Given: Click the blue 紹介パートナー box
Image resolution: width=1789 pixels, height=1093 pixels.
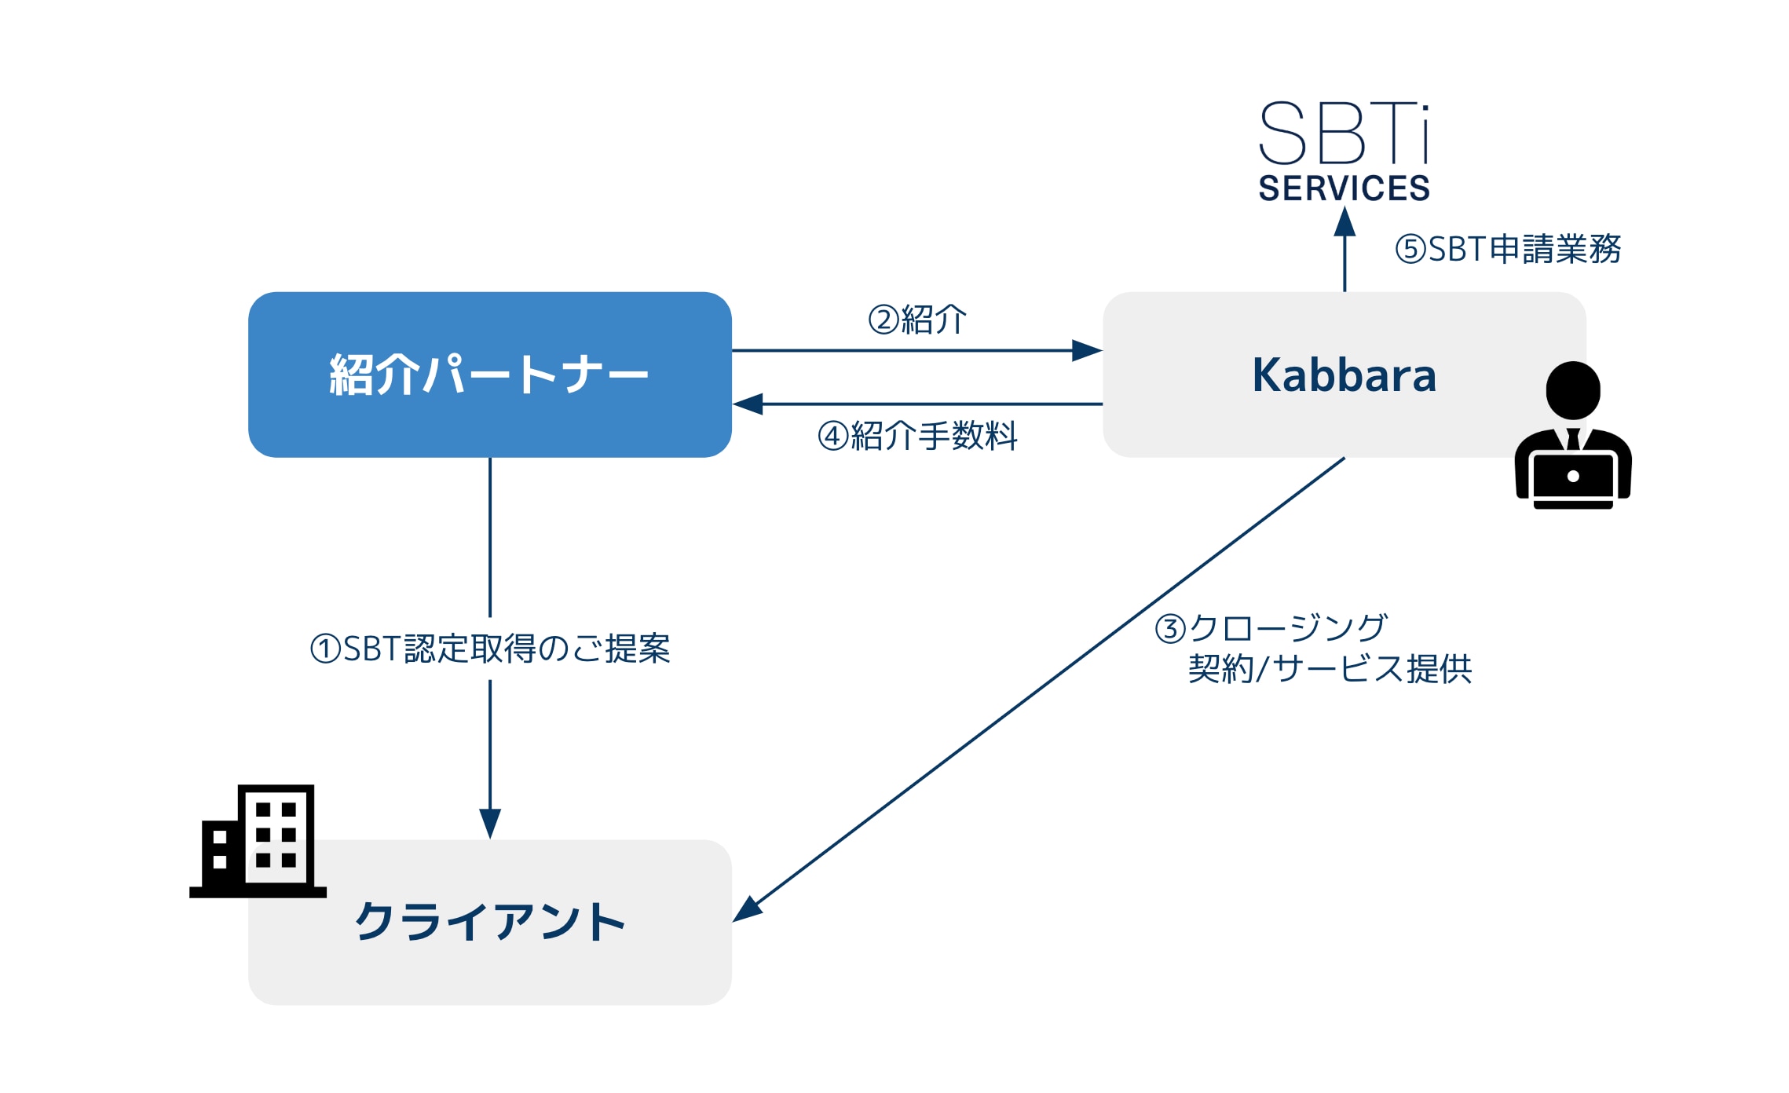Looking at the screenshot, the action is click(489, 375).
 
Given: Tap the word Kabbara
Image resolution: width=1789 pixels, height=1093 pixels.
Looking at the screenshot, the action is click(1344, 375).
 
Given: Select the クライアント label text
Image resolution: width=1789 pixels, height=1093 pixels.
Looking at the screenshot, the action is click(489, 921).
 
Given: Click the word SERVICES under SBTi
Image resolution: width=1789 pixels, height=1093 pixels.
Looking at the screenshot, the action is click(1344, 188).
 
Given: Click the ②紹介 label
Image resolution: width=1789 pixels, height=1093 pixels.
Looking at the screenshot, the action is click(917, 320).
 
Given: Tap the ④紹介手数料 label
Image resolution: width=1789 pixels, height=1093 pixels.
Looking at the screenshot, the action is click(917, 436).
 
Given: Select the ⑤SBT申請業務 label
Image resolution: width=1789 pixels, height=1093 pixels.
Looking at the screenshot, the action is click(1508, 249).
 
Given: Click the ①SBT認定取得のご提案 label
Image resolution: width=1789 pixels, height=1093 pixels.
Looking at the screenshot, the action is click(490, 649).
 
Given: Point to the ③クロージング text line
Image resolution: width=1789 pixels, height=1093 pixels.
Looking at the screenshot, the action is click(1271, 628).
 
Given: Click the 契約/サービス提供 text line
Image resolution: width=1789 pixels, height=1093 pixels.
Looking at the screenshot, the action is click(1330, 669).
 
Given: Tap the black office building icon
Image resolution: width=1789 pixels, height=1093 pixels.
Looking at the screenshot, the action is click(258, 841).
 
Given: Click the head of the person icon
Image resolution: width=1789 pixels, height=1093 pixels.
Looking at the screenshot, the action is click(1573, 390).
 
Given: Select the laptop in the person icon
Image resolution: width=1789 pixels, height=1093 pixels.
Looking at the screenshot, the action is click(1573, 480).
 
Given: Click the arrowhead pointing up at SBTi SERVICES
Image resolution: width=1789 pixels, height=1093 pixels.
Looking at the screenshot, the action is click(1344, 221).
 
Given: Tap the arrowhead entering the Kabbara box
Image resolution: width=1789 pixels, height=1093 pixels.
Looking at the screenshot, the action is click(1087, 350).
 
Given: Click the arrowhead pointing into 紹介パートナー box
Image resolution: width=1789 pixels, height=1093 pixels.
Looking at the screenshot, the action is click(748, 404).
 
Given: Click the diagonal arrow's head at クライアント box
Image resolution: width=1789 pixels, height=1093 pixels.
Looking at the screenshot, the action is click(746, 909).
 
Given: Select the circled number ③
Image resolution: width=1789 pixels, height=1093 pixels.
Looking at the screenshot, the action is click(1170, 629).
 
